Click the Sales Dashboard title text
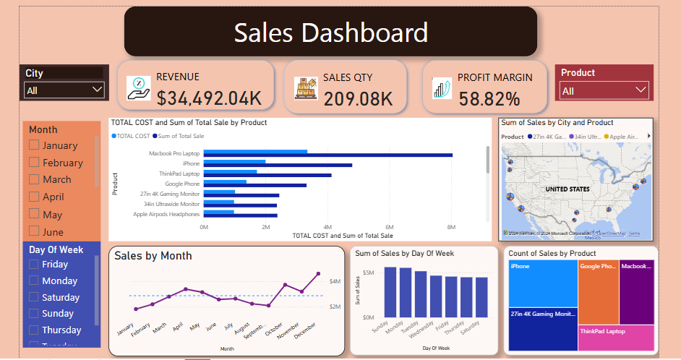[330, 33]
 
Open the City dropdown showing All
[64, 90]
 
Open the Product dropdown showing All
[604, 90]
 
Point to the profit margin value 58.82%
[489, 99]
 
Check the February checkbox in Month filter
[33, 163]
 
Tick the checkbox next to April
[33, 197]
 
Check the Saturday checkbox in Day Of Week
[33, 297]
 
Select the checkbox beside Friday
[33, 265]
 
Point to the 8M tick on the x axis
[451, 227]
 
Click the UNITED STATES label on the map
[567, 189]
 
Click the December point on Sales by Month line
[319, 274]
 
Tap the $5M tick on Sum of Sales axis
[368, 273]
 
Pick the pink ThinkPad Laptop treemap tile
[616, 338]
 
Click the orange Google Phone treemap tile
[598, 292]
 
